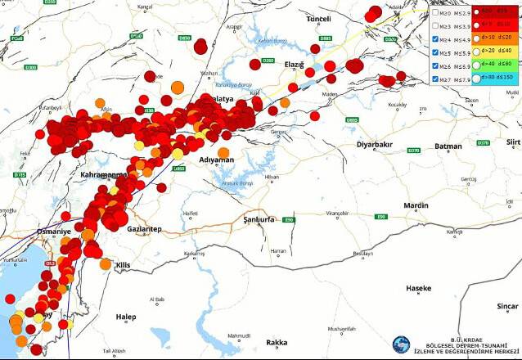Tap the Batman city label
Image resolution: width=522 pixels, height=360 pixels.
(448, 146)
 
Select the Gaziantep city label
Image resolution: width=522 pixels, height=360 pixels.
(144, 228)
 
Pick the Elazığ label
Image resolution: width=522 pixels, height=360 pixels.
(294, 65)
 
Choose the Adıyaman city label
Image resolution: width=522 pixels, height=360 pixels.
(217, 160)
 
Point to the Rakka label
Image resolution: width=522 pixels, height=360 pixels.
(277, 342)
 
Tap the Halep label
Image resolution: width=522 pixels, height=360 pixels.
(126, 317)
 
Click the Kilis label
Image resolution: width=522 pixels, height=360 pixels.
(124, 266)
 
